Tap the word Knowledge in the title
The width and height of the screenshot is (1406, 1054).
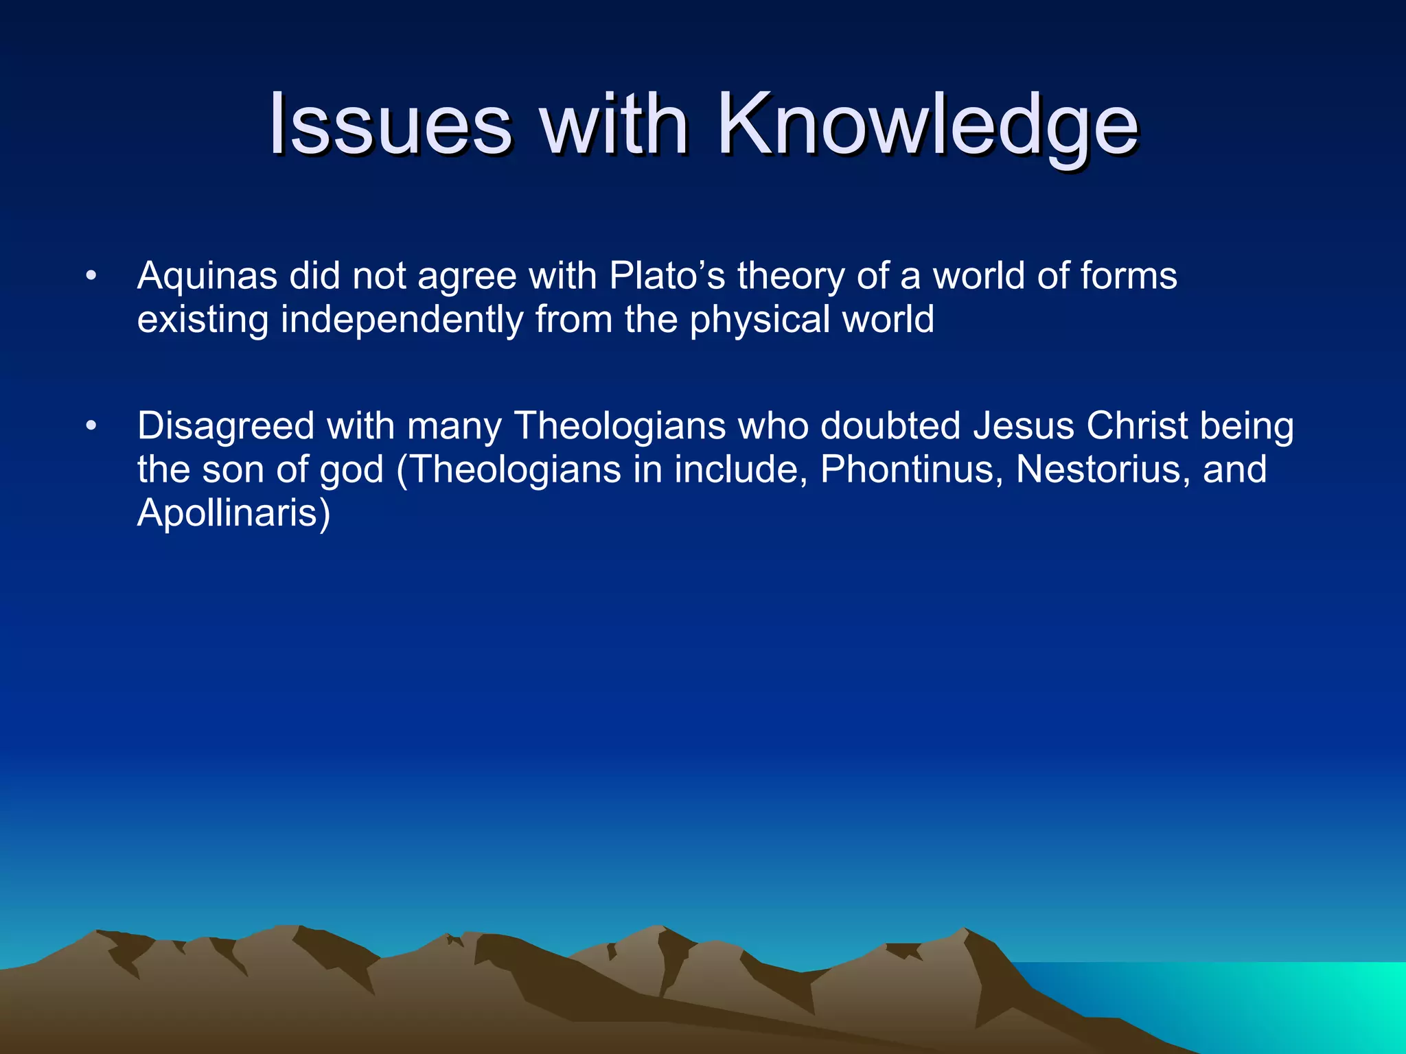pos(928,125)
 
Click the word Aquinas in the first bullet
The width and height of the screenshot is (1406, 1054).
pos(207,277)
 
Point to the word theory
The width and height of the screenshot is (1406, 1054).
pos(790,277)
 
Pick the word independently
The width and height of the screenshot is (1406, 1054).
pos(402,320)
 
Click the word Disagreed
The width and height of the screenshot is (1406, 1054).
pos(226,426)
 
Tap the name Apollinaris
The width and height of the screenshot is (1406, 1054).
pos(233,513)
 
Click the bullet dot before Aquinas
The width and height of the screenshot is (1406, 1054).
pos(91,277)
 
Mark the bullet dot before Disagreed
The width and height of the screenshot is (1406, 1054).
pos(91,427)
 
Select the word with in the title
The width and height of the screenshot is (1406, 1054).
pos(614,125)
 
